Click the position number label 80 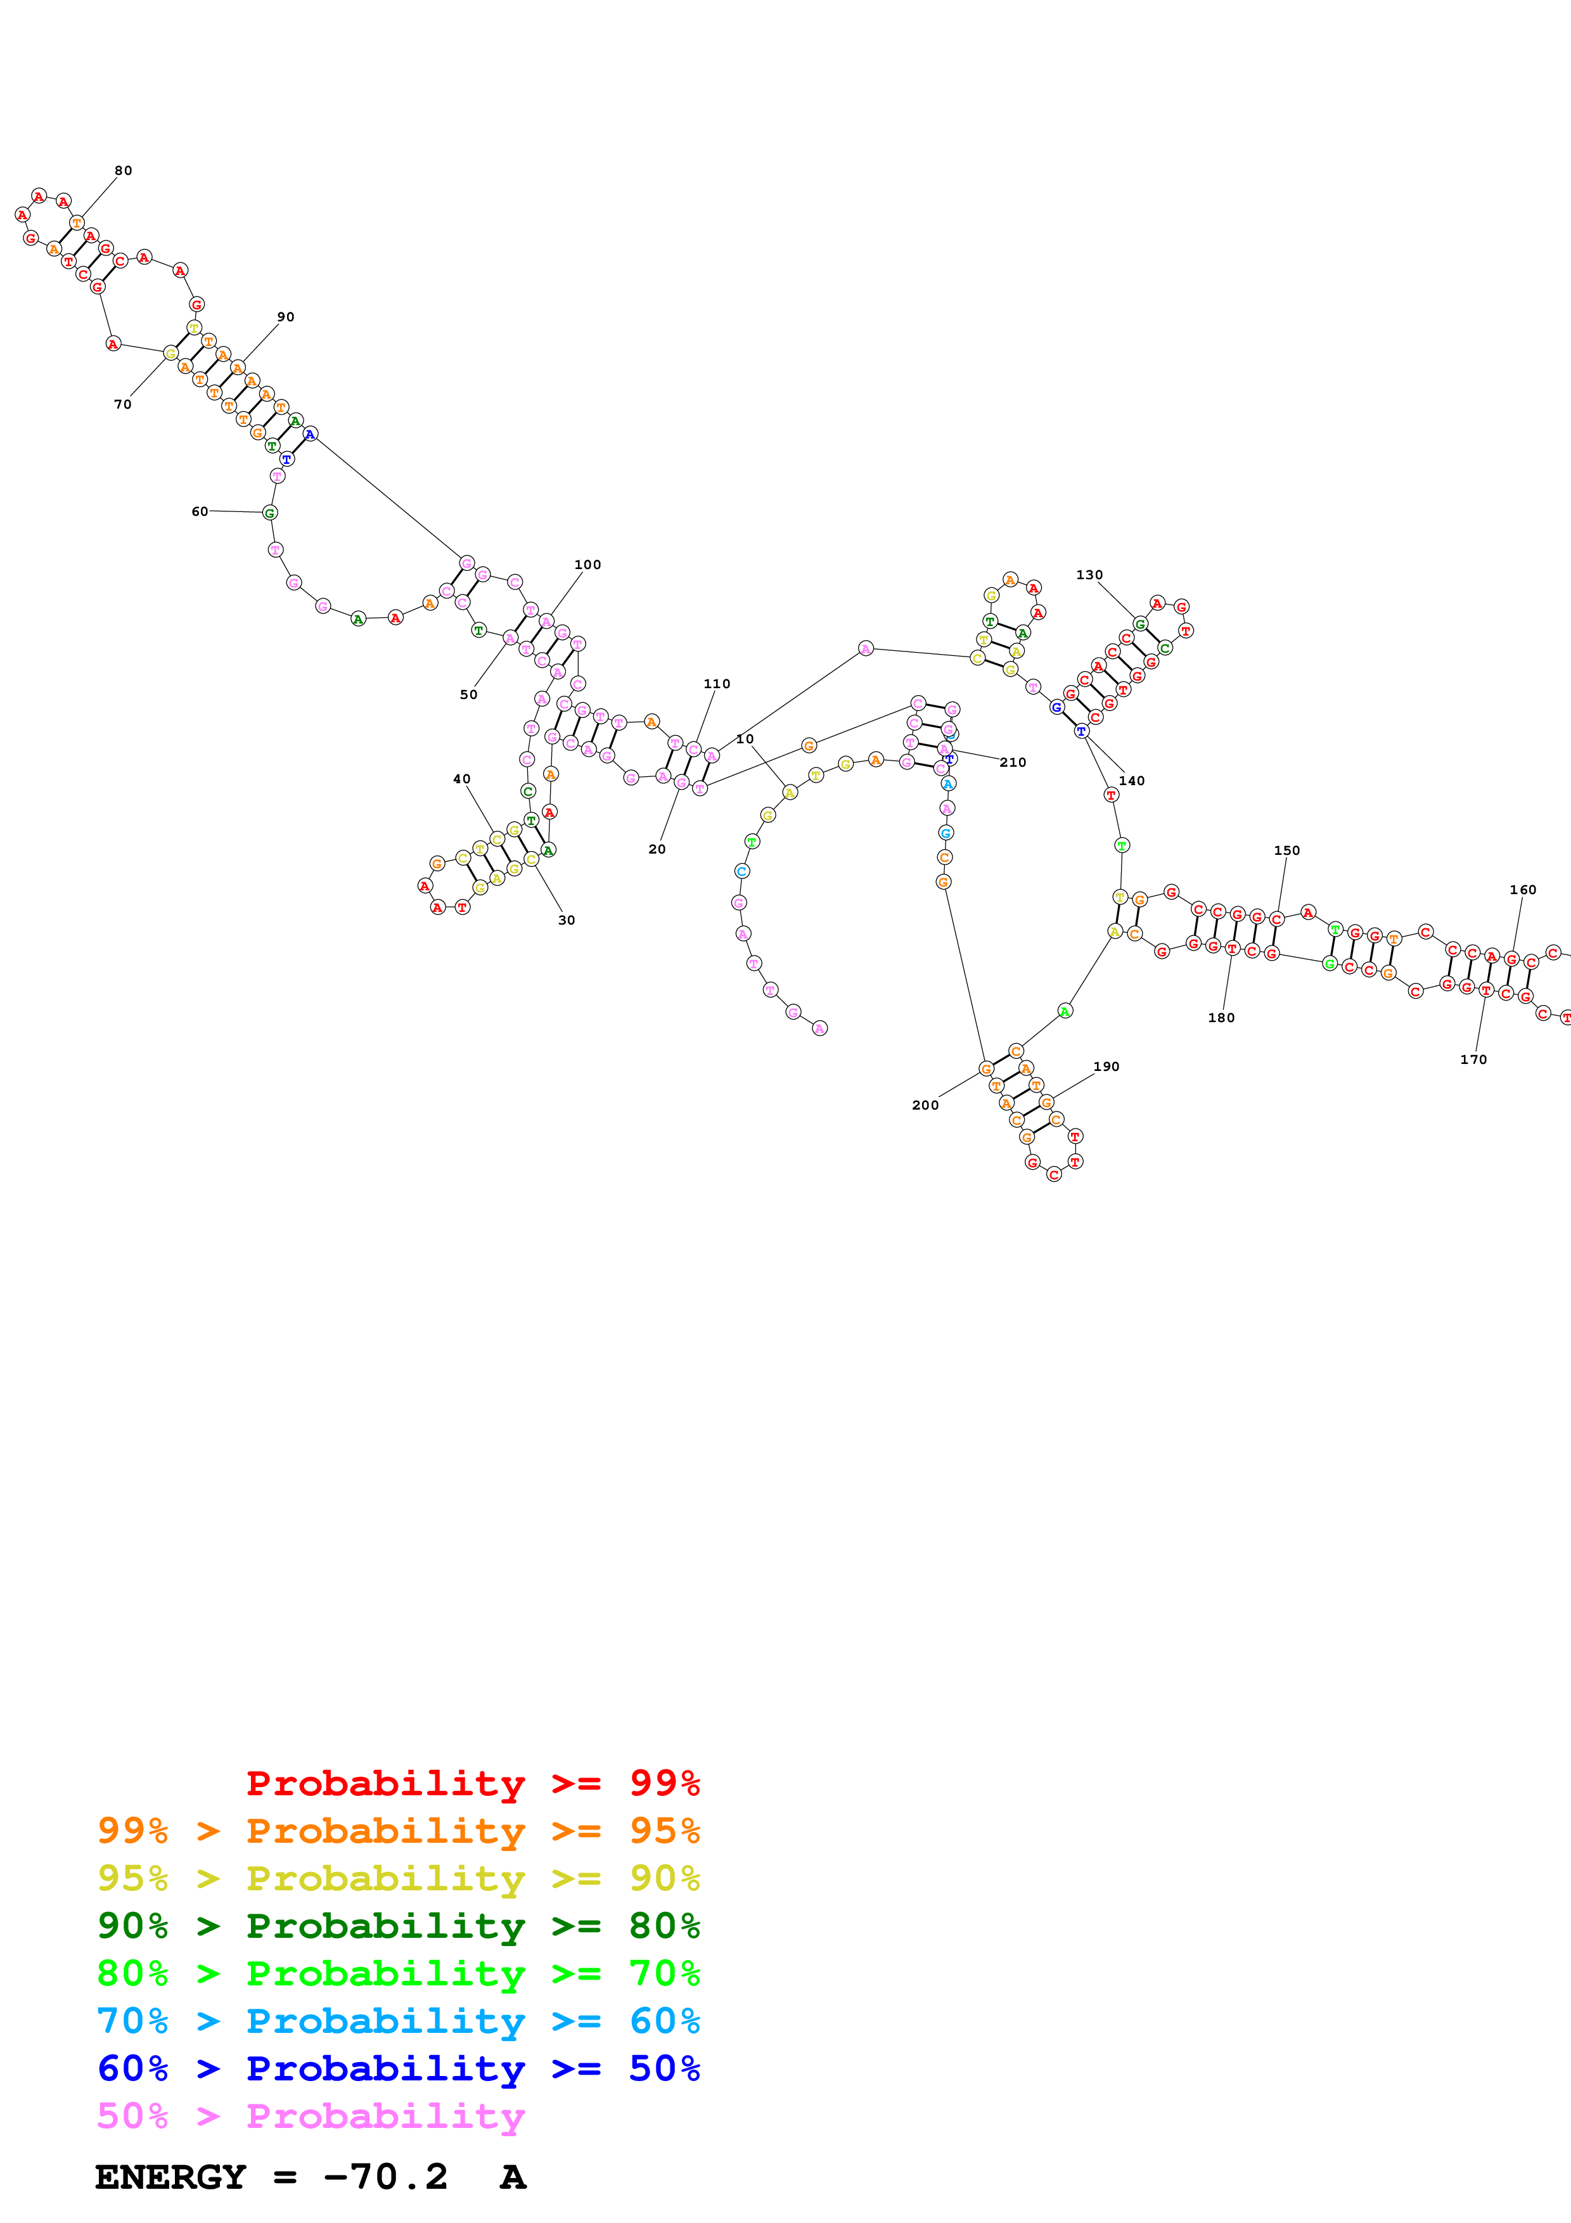click(123, 171)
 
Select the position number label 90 click(286, 317)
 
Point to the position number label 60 click(200, 511)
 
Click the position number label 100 click(587, 565)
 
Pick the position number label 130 click(1089, 575)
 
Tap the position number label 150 click(1286, 851)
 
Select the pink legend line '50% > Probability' click(311, 2117)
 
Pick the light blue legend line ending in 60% click(398, 2021)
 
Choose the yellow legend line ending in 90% click(398, 1878)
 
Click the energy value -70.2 click(385, 2177)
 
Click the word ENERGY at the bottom click(170, 2177)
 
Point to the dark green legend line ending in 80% click(398, 1926)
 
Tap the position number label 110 click(716, 684)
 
